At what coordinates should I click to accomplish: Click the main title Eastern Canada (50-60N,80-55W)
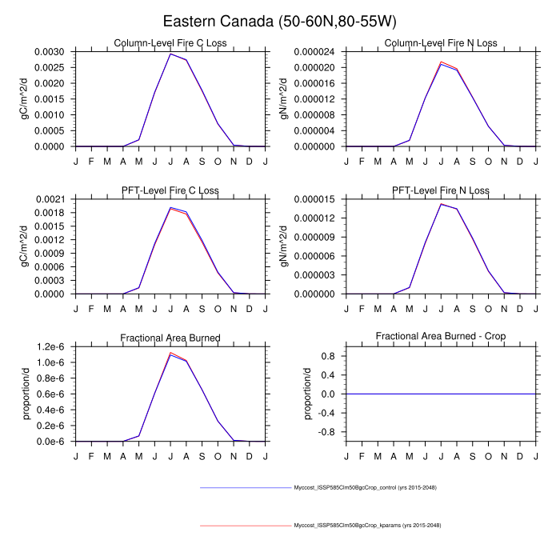click(x=280, y=21)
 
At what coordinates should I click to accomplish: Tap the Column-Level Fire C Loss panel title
click(x=170, y=43)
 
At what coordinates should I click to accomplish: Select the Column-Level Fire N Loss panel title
click(x=441, y=43)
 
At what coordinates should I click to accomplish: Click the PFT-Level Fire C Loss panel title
click(x=170, y=190)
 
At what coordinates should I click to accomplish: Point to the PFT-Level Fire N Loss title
click(x=441, y=190)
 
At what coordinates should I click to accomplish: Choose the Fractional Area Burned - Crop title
click(x=441, y=338)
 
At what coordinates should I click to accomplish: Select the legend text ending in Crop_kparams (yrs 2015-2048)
click(x=367, y=526)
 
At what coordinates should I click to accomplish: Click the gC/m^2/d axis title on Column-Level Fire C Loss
click(x=25, y=98)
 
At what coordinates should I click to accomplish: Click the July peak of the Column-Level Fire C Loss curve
click(x=170, y=54)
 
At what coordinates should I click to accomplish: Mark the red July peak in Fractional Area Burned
click(x=170, y=352)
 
